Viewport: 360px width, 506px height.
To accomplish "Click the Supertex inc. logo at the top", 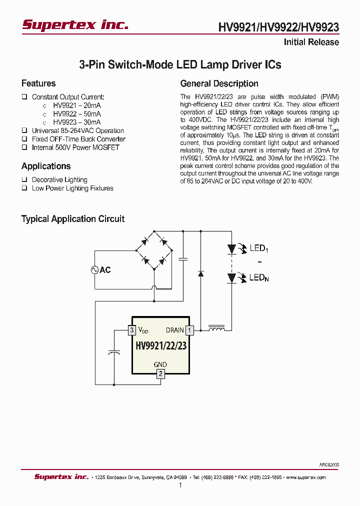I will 75,24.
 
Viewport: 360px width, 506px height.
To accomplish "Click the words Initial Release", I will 311,42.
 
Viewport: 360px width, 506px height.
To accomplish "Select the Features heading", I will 38,83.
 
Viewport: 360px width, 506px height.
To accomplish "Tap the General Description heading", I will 219,83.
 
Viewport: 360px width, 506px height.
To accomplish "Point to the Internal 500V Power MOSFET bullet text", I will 75,147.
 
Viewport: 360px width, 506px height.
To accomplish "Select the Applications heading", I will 46,166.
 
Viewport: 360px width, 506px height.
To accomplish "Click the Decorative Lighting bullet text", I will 59,179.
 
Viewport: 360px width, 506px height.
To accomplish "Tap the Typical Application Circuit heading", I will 72,219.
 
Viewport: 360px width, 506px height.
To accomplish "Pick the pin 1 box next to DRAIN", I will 189,330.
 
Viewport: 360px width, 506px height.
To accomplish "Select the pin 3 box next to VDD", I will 131,330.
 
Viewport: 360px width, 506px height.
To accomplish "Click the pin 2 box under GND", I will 160,373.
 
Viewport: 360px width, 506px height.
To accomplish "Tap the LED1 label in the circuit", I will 259,248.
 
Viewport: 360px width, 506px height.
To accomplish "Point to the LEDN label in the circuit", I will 259,277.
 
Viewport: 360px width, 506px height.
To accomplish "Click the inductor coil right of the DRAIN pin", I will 216,328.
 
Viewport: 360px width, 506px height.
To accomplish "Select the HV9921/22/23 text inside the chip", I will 160,346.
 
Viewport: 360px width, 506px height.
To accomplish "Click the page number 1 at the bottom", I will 180,485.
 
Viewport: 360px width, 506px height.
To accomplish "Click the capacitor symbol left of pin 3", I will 114,352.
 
